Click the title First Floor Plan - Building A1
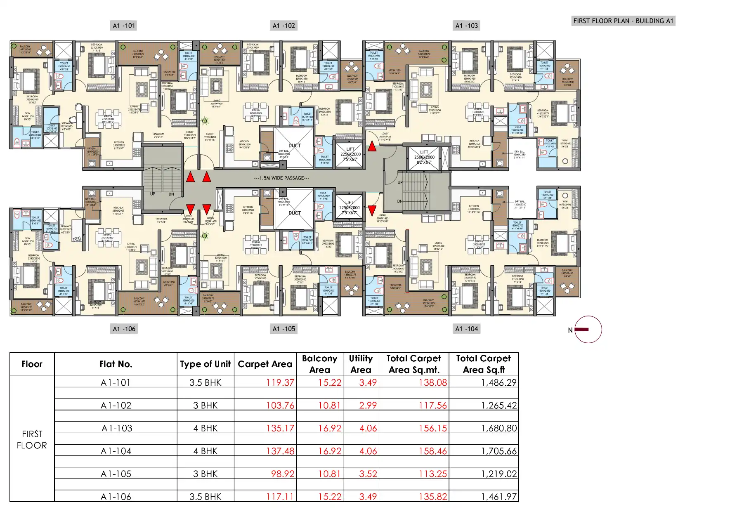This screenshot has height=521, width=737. [623, 21]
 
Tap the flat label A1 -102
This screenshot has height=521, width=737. [283, 26]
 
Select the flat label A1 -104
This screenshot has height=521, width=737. [466, 329]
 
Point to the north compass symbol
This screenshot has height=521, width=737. [588, 330]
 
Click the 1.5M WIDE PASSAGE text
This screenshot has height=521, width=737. [281, 178]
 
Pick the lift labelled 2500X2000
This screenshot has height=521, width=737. [424, 157]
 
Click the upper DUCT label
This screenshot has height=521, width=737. [294, 146]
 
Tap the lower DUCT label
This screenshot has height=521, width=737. [294, 213]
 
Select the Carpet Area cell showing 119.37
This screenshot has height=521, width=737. [280, 382]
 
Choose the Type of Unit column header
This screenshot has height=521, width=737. [205, 364]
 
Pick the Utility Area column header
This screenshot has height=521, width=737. [361, 364]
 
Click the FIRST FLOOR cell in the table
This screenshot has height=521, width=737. [32, 439]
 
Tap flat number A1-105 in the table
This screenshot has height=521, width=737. [116, 474]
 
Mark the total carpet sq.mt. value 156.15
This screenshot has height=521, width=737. [432, 428]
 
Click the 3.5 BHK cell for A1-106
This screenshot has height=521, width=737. [205, 497]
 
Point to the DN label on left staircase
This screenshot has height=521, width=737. [171, 194]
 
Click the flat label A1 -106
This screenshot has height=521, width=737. [124, 329]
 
